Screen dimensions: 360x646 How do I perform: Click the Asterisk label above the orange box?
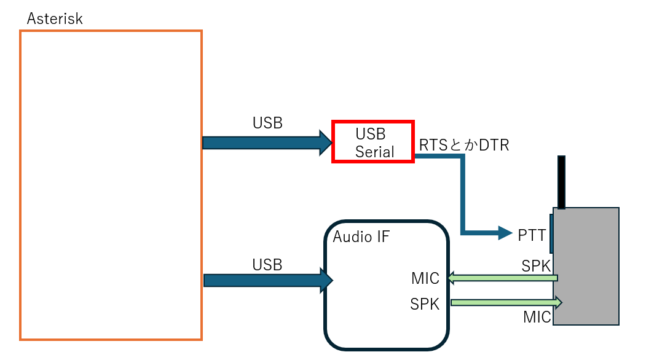pos(55,18)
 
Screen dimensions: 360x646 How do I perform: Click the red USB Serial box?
pos(374,142)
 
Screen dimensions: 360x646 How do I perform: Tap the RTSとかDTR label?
pos(464,145)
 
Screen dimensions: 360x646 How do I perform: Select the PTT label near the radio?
pos(532,234)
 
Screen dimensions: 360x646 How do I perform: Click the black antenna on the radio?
pos(561,182)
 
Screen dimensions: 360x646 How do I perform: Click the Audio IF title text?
pos(361,237)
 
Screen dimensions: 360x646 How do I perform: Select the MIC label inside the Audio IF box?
pos(425,279)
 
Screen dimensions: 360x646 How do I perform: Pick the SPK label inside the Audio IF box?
pos(425,303)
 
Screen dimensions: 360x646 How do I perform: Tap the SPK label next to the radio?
pos(536,266)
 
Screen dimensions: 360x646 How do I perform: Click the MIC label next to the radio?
pos(537,317)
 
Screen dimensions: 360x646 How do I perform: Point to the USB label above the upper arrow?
pos(267,123)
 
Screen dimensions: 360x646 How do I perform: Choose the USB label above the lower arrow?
pos(267,265)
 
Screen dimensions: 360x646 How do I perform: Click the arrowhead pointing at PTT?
pos(504,233)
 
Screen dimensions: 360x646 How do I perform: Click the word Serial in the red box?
pos(374,152)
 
